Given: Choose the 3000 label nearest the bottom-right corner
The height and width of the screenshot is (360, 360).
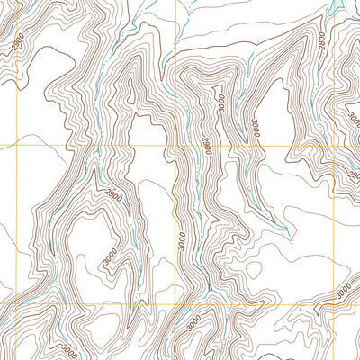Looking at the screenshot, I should click(x=342, y=292).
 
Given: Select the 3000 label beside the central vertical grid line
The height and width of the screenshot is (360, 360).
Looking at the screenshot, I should click(x=181, y=239).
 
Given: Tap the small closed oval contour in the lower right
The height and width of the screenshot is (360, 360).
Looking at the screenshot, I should click(x=293, y=240).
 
